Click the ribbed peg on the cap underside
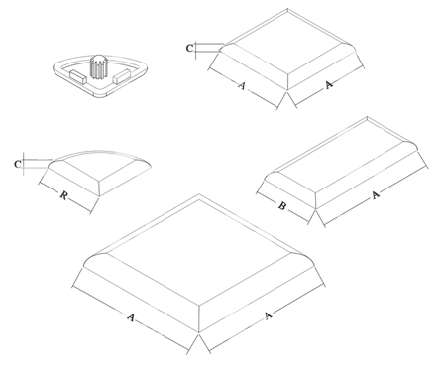tap(97, 66)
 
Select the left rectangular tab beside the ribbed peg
tap(78, 76)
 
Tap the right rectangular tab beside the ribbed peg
tap(122, 76)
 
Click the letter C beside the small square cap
tap(189, 49)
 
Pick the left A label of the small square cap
tap(242, 86)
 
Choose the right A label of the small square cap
tap(329, 85)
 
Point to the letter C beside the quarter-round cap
tap(18, 164)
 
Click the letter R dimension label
tap(63, 195)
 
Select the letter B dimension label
tap(281, 206)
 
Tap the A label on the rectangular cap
tap(375, 195)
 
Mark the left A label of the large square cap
tap(131, 317)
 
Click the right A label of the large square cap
tap(268, 315)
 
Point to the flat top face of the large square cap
tap(199, 253)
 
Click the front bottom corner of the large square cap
tap(199, 332)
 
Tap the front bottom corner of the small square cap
tap(287, 90)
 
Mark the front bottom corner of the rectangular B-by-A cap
tap(316, 209)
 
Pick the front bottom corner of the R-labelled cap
tap(99, 197)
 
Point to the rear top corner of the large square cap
tap(199, 194)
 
